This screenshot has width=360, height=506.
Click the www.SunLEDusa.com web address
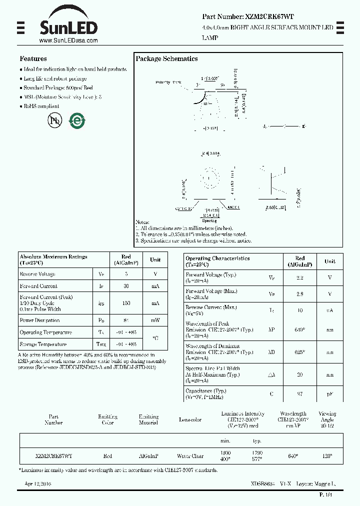tap(68, 40)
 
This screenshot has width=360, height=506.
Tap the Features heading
tap(33, 58)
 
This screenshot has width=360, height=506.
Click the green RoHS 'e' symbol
tap(77, 120)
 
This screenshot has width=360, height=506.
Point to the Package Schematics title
tap(166, 58)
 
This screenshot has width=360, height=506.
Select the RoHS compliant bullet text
tap(41, 106)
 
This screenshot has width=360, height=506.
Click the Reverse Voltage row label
tap(37, 274)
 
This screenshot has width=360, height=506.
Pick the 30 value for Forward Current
tap(126, 286)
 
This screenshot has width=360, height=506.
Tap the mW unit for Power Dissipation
tap(155, 320)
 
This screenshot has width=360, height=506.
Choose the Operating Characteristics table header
tap(217, 261)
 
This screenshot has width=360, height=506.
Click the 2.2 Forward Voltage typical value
tap(300, 277)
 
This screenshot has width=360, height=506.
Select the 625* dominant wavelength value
tap(300, 352)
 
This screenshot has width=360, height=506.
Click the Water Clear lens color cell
tap(190, 456)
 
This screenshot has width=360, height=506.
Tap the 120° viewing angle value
tap(327, 456)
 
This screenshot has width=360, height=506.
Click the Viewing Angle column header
tap(327, 416)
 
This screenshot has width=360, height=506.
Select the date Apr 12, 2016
tap(37, 484)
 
